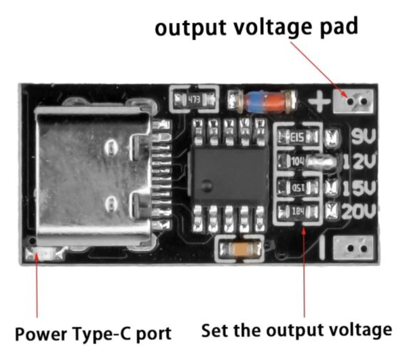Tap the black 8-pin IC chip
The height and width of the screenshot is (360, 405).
tap(231, 173)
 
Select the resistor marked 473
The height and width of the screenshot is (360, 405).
tap(194, 100)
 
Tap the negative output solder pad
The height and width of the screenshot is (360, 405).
tap(351, 247)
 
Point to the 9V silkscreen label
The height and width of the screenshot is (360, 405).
tap(363, 136)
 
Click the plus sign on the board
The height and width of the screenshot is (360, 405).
tap(321, 100)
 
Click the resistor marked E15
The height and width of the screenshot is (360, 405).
tap(298, 136)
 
